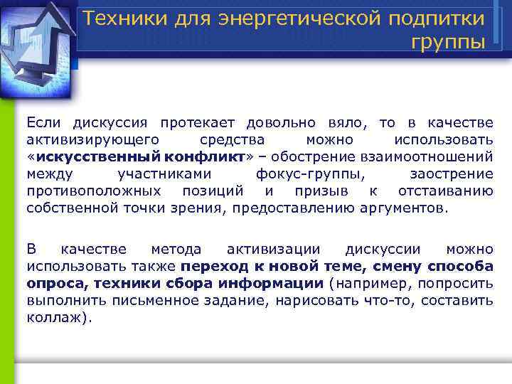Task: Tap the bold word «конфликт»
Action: (206, 156)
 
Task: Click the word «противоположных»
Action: (94, 191)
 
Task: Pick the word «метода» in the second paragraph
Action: (176, 249)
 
